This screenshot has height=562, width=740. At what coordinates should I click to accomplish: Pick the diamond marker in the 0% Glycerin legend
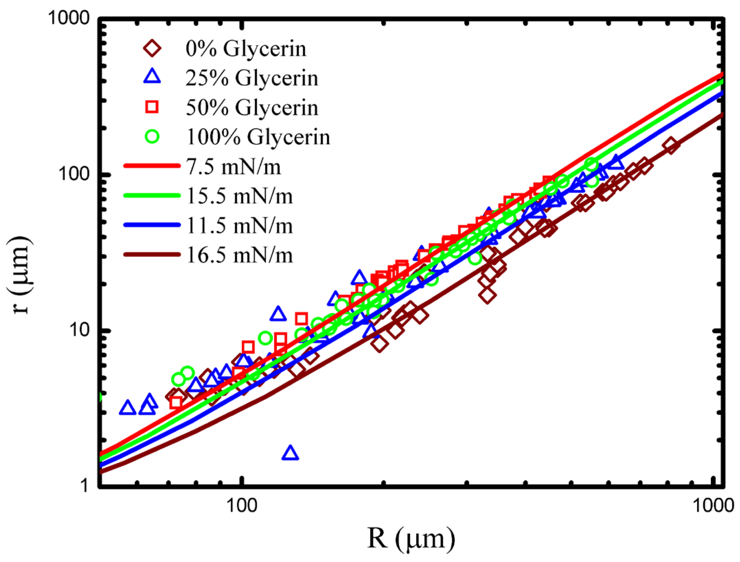click(x=152, y=48)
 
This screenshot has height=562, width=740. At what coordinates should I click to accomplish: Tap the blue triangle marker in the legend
click(x=152, y=77)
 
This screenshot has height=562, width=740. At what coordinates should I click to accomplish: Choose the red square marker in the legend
click(x=152, y=107)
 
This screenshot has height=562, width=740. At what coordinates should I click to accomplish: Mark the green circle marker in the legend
click(x=152, y=136)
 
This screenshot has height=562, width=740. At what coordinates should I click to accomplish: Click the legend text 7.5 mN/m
click(x=234, y=167)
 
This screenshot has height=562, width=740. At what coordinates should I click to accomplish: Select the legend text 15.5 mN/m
click(x=239, y=196)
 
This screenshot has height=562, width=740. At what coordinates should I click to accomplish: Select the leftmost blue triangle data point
click(x=127, y=408)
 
